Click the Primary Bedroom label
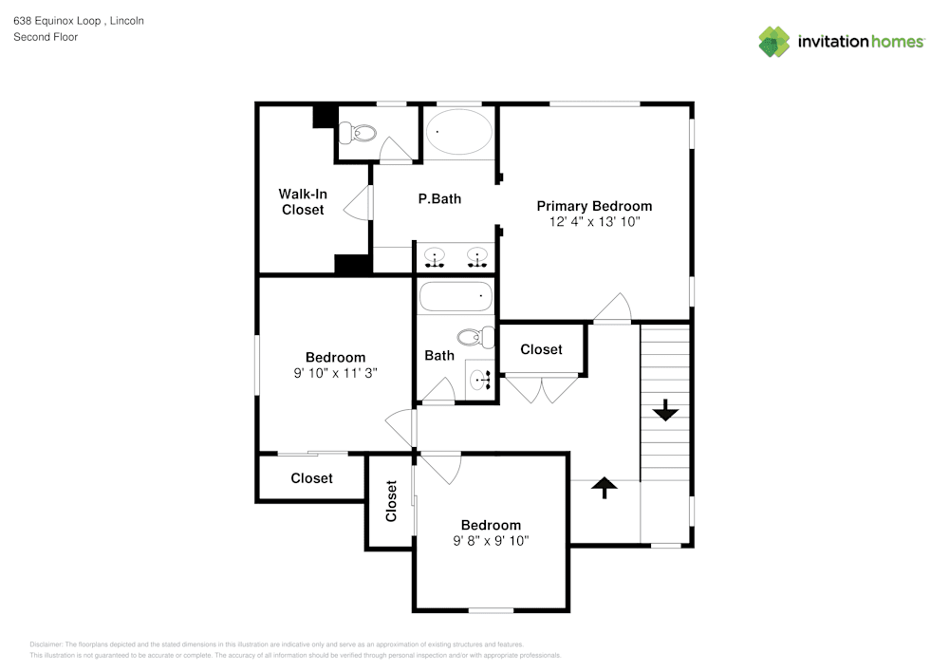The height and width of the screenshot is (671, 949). coord(594,206)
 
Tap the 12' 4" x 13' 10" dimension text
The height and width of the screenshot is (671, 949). coord(594,222)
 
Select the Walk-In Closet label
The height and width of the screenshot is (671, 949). coord(303,202)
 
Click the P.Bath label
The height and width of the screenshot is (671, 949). coord(439,199)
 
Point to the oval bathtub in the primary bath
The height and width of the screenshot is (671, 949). coord(459,133)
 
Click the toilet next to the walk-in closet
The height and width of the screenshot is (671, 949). coord(358,134)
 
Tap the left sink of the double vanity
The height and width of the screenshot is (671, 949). coord(435,256)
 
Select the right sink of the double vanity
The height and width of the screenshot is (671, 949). coord(476,256)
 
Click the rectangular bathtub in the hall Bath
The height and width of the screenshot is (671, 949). coord(457,297)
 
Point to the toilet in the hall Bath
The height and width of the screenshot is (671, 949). coord(475,336)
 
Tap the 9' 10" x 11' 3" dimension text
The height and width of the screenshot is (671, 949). coord(335,374)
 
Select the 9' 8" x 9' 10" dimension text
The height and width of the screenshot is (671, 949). coord(491,541)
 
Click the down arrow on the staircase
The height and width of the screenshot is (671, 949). coord(665,410)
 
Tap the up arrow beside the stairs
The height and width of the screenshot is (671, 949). coord(605,486)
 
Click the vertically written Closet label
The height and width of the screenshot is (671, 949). coord(391,501)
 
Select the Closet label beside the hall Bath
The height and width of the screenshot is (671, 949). coord(541,349)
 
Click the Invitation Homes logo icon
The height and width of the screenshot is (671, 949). coord(773,42)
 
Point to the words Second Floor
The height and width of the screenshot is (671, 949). coord(46,37)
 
